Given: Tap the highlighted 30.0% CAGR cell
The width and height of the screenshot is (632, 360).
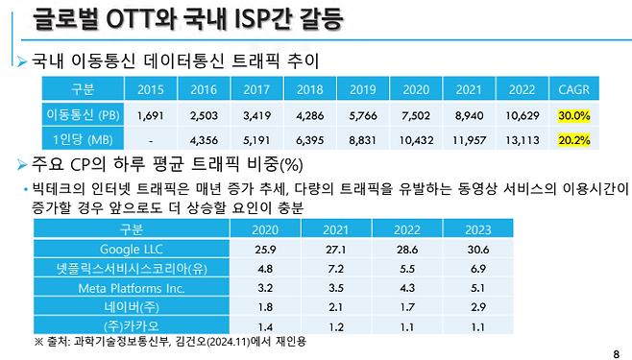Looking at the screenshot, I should [575, 116].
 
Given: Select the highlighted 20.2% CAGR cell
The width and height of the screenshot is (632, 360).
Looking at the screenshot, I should [575, 140].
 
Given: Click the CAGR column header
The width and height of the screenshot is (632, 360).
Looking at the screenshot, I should [575, 90].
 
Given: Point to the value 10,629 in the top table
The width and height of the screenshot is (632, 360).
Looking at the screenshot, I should [521, 116].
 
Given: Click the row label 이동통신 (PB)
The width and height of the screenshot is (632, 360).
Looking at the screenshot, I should [83, 116].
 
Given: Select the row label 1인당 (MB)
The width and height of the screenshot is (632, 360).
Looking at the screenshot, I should [83, 140].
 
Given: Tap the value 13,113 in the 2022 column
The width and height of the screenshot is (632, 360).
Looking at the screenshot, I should [521, 140].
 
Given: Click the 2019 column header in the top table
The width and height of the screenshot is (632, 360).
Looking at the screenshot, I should [362, 90].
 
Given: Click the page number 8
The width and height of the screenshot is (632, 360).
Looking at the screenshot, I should [616, 351].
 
